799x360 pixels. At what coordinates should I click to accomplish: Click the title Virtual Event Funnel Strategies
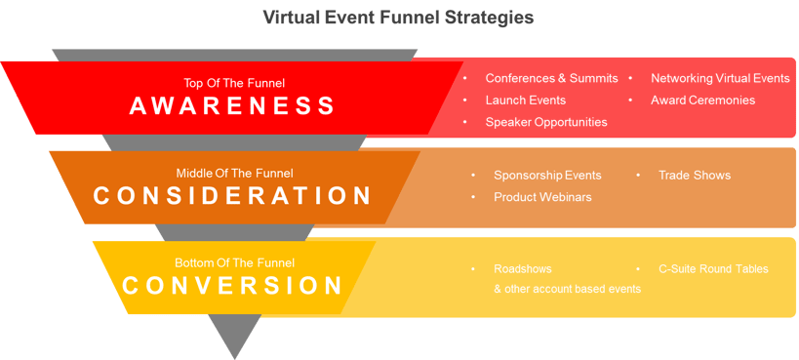pyautogui.click(x=399, y=18)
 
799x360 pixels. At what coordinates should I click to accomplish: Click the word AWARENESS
pyautogui.click(x=232, y=106)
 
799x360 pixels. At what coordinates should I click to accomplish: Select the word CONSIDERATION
pyautogui.click(x=232, y=196)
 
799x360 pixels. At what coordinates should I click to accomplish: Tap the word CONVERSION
pyautogui.click(x=232, y=286)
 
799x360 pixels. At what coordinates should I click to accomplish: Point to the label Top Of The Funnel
pyautogui.click(x=233, y=83)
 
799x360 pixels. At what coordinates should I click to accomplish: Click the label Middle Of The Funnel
pyautogui.click(x=234, y=173)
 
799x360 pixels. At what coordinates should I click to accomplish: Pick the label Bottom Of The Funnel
pyautogui.click(x=233, y=262)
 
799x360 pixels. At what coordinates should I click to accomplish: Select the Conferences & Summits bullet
pyautogui.click(x=551, y=78)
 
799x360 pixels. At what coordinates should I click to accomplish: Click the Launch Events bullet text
pyautogui.click(x=525, y=100)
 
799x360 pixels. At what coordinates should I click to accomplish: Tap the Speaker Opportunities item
pyautogui.click(x=546, y=122)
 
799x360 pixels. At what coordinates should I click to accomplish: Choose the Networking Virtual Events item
pyautogui.click(x=720, y=78)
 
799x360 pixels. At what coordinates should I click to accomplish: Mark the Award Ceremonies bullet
pyautogui.click(x=702, y=100)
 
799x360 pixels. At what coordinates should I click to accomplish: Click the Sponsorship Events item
pyautogui.click(x=547, y=176)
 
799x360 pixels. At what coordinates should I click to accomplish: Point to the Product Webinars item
pyautogui.click(x=542, y=197)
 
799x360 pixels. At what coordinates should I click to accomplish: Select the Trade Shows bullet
pyautogui.click(x=694, y=176)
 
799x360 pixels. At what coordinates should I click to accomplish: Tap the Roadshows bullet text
pyautogui.click(x=522, y=268)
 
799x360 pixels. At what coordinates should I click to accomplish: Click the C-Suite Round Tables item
pyautogui.click(x=713, y=268)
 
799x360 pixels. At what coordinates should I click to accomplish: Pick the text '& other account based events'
pyautogui.click(x=567, y=289)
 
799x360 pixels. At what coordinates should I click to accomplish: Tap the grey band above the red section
pyautogui.click(x=235, y=55)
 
